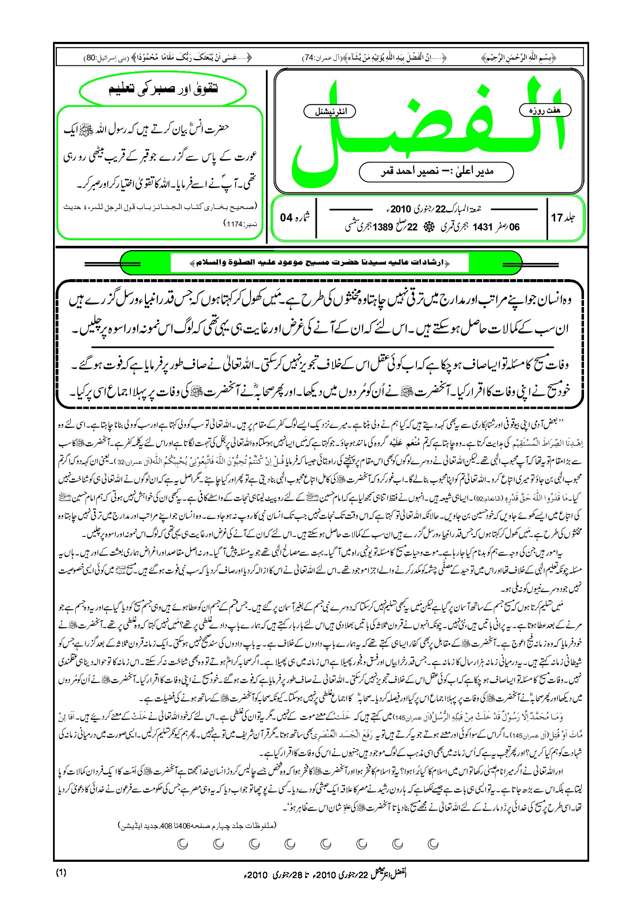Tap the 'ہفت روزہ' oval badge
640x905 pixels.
tap(545, 110)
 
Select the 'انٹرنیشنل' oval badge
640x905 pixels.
tap(330, 112)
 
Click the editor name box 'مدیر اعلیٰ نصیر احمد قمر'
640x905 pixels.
tap(436, 171)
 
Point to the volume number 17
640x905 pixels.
tap(557, 218)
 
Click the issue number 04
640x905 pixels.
tap(286, 218)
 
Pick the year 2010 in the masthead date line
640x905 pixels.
tap(400, 209)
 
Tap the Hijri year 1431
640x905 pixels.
tap(483, 227)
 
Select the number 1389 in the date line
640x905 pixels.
tap(383, 227)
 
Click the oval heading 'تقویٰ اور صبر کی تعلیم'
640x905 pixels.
tap(163, 89)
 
